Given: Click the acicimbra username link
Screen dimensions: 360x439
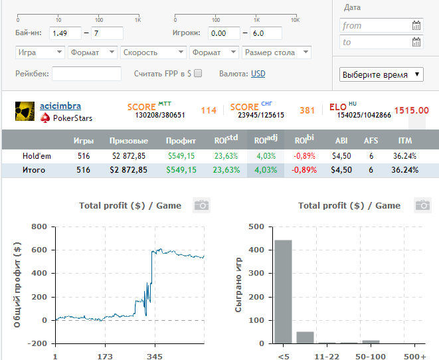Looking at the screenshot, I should point(60,106).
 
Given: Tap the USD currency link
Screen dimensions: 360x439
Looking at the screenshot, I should point(258,74).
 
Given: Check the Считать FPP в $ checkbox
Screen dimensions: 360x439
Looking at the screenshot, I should point(197,74).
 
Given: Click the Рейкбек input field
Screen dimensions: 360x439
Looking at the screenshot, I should point(86,74).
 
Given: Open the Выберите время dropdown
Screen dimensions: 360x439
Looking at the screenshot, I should point(382,75).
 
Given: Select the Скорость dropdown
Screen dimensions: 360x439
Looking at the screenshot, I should point(153,52).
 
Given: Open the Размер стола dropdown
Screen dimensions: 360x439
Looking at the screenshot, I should point(277,52).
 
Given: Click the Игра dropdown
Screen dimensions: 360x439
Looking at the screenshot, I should point(39,52).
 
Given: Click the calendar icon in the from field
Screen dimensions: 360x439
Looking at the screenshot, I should point(416,26).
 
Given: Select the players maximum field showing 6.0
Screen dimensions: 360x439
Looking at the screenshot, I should point(266,33).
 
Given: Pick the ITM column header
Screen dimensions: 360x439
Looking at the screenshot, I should point(404,141).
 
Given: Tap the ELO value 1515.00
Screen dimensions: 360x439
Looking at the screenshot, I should point(411,111).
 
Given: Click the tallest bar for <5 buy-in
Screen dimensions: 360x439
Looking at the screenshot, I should point(284,292).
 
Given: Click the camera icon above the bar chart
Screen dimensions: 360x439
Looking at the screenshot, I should point(421,205).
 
